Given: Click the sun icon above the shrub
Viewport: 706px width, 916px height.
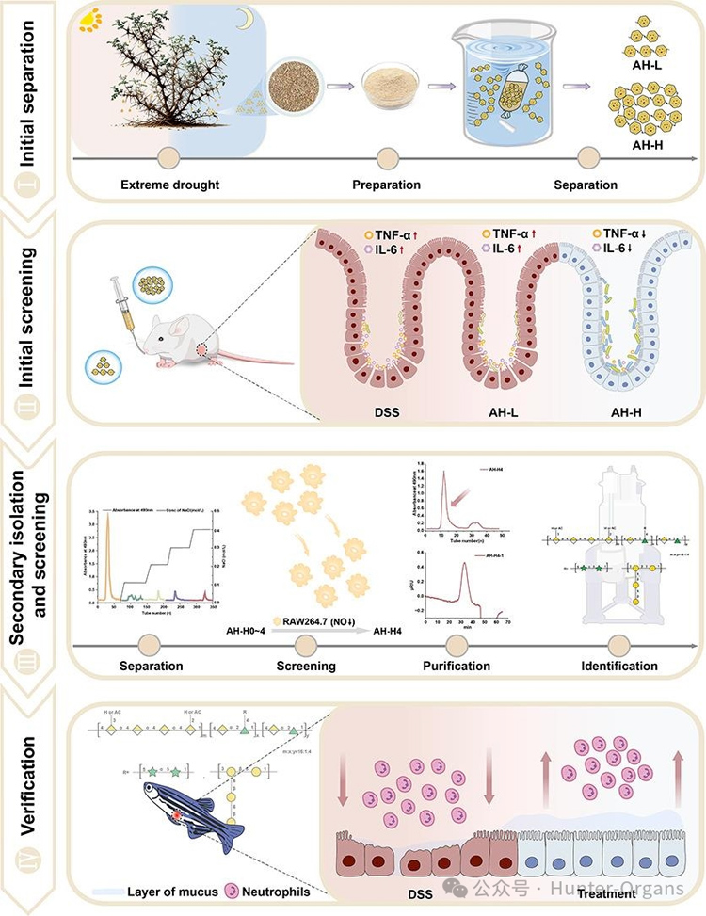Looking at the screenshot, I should pos(91,18).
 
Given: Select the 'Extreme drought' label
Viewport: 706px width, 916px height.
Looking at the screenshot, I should pos(170,185).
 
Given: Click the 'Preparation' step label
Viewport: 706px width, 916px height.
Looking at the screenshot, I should pos(386,185).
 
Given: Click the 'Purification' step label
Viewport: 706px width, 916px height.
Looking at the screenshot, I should pos(457,666).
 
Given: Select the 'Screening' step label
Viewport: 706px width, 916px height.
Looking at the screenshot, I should pos(307,666).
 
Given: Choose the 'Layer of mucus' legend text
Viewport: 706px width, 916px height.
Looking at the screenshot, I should pos(169,890).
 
